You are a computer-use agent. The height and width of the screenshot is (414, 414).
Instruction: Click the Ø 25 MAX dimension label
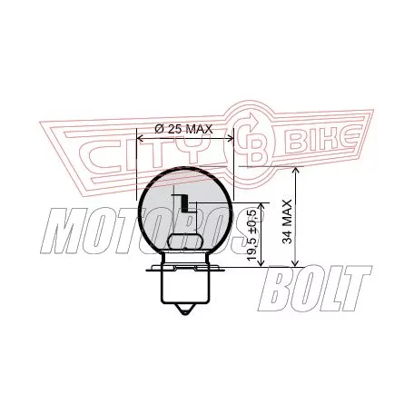183,129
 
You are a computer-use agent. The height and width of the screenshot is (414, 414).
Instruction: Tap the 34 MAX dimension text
287,222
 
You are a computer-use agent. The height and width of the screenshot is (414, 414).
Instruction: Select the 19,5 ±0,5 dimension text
252,236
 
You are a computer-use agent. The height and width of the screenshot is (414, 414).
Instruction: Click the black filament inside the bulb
184,203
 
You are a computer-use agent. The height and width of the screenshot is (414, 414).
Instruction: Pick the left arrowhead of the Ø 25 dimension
140,138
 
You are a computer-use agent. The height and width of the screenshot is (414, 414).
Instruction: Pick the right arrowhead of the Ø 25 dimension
231,138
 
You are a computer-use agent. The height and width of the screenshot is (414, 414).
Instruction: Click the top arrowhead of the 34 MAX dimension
296,171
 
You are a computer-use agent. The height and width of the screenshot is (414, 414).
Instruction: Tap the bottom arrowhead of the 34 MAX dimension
296,262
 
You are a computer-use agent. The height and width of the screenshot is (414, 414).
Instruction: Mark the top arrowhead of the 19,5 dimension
261,207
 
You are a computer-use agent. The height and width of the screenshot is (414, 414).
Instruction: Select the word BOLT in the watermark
315,289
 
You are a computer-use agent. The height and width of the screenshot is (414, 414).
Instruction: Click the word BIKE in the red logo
322,140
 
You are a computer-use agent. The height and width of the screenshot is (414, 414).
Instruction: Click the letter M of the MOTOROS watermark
64,231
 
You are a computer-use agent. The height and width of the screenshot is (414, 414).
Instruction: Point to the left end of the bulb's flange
146,268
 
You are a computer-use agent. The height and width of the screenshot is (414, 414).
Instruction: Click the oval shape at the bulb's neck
184,241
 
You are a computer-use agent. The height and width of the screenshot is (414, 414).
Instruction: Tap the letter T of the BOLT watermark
354,289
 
